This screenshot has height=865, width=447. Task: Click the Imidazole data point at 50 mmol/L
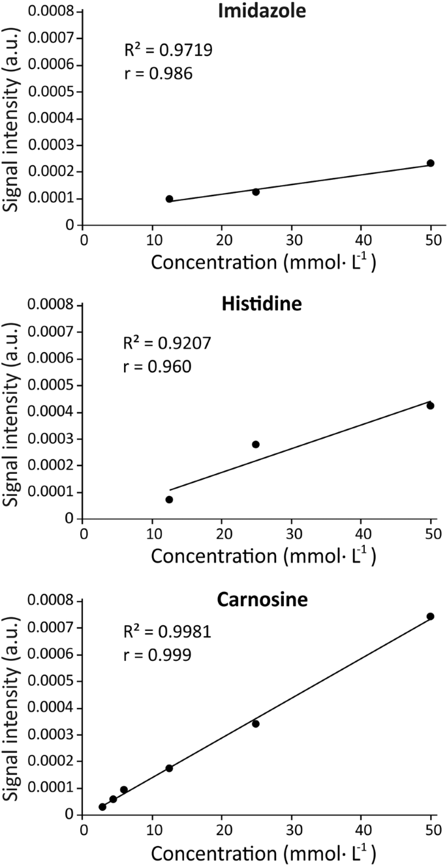coord(430,163)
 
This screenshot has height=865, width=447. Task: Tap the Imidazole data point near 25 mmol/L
coord(256,192)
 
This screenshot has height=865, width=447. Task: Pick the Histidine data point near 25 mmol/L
coord(256,445)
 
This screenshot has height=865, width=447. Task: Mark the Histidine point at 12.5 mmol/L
coord(169,499)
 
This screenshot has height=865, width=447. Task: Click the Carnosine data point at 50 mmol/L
coord(430,616)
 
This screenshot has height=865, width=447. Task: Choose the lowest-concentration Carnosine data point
coord(102,807)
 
